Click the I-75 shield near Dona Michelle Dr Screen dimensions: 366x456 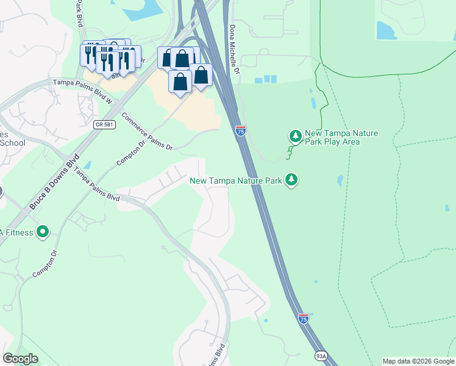[241, 130]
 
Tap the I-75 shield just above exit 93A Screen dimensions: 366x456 [304, 318]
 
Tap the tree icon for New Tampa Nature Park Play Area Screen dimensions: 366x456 [295, 135]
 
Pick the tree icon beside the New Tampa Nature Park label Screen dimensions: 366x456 [292, 179]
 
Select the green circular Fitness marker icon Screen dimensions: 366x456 [43, 232]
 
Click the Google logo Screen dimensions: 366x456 [21, 359]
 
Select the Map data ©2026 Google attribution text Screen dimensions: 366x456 [418, 361]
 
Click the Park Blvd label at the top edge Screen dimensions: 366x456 [79, 13]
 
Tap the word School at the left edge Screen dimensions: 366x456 [12, 143]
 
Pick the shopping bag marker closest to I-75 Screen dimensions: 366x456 [201, 76]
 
